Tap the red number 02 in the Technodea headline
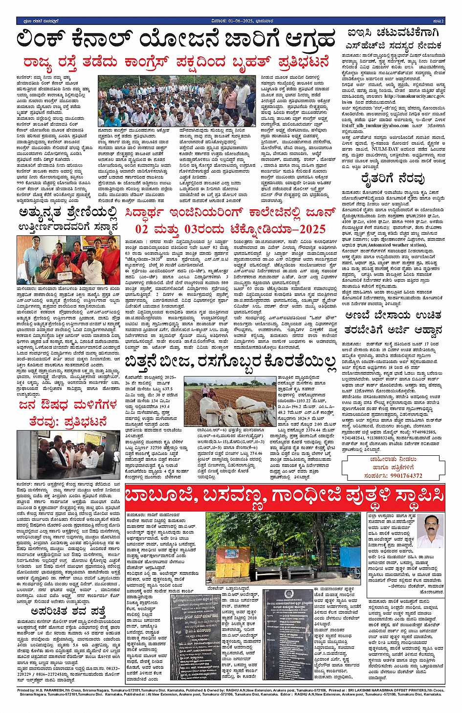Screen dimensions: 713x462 [141, 229]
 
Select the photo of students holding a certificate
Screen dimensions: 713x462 [68, 260]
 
